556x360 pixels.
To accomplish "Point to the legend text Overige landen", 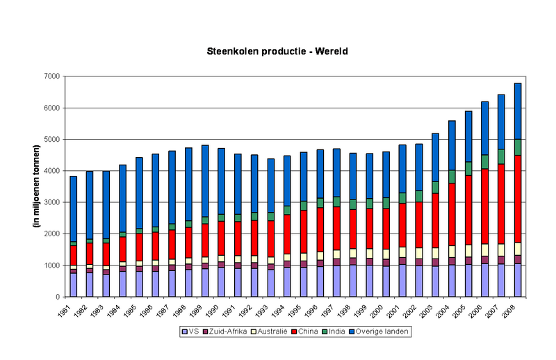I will click(x=383, y=332).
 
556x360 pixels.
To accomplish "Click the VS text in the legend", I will click(x=193, y=332).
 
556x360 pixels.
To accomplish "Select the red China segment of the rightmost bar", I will click(x=518, y=198).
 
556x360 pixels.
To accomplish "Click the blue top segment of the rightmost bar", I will click(x=518, y=111).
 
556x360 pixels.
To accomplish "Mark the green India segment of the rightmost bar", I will click(x=518, y=147).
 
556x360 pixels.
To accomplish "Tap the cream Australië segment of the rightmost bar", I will click(x=518, y=248).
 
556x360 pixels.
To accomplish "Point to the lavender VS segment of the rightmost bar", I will click(x=518, y=279).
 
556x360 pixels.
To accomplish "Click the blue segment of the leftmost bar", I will click(x=73, y=208).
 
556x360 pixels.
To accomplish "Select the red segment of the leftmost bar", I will click(x=73, y=255).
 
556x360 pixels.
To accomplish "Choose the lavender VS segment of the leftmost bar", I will click(x=73, y=284).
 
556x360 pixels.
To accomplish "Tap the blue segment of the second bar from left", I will click(x=90, y=205).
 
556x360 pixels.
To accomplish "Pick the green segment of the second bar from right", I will click(x=501, y=156).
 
